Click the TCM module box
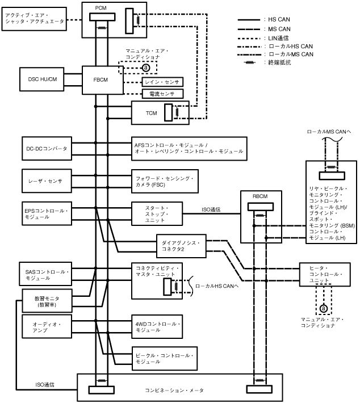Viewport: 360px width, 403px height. [152, 113]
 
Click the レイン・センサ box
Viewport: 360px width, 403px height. [161, 82]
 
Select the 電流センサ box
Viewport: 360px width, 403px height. [161, 94]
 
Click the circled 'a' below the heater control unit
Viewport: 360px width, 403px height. [324, 308]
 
